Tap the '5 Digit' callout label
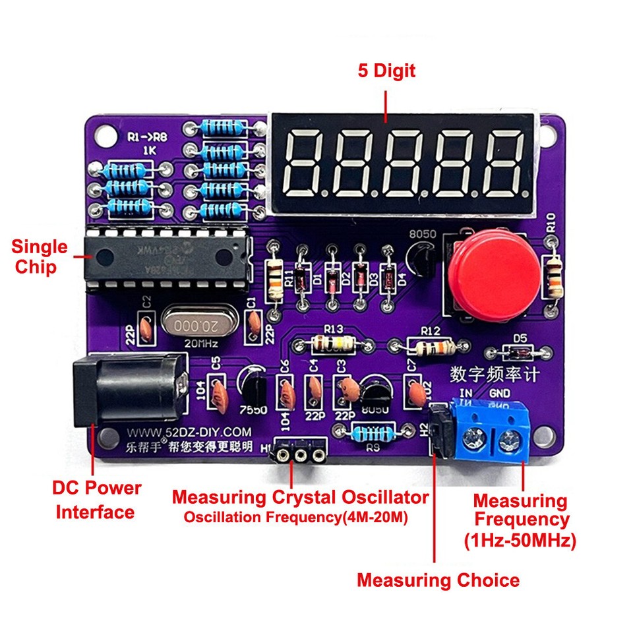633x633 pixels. pos(386,71)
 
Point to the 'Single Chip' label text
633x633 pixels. pos(40,257)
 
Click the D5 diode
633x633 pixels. pos(520,351)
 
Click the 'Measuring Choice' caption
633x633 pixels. pos(438,580)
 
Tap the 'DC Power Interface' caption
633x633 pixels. pos(96,500)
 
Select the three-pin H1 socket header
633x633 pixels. pos(301,454)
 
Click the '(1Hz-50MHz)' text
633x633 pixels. pos(521,541)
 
